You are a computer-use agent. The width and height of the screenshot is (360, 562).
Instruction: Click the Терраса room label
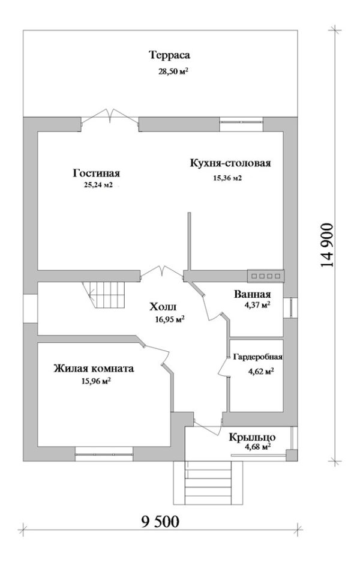tap(170, 56)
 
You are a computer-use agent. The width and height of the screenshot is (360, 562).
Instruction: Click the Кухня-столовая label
tap(231, 163)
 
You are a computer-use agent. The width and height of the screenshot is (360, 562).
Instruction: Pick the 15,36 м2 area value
tap(227, 178)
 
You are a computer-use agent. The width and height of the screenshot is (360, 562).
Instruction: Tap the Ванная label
tap(252, 295)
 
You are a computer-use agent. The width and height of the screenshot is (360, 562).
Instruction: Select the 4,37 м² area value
tap(256, 305)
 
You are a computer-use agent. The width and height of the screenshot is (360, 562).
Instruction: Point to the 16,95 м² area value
tap(167, 319)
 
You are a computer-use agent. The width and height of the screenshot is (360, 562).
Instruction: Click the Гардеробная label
tap(257, 357)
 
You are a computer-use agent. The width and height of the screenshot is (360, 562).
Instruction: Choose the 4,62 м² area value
tap(261, 372)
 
